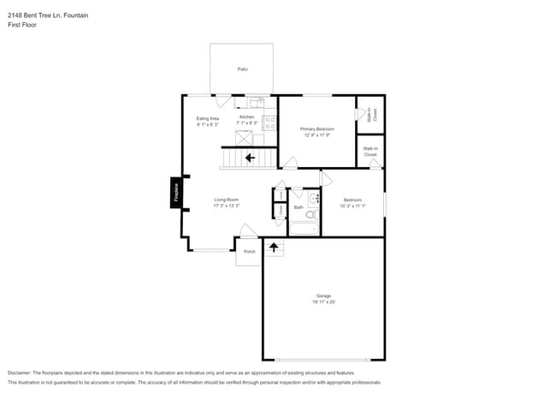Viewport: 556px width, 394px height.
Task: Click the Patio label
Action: point(242,69)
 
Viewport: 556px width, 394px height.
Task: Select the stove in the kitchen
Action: point(270,122)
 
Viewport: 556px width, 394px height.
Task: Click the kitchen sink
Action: point(254,101)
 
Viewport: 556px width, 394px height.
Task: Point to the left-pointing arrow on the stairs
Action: point(250,158)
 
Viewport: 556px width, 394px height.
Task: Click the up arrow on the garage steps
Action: point(274,248)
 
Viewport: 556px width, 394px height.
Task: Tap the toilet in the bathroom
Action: point(313,199)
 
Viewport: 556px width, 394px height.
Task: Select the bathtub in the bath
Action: point(304,228)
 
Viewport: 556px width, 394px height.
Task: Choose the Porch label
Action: point(250,252)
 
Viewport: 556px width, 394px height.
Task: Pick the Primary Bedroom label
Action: point(316,128)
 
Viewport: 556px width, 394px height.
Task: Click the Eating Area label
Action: point(208,118)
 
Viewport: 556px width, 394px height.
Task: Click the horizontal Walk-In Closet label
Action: point(370,151)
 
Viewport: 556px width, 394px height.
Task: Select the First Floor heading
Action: point(22,25)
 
